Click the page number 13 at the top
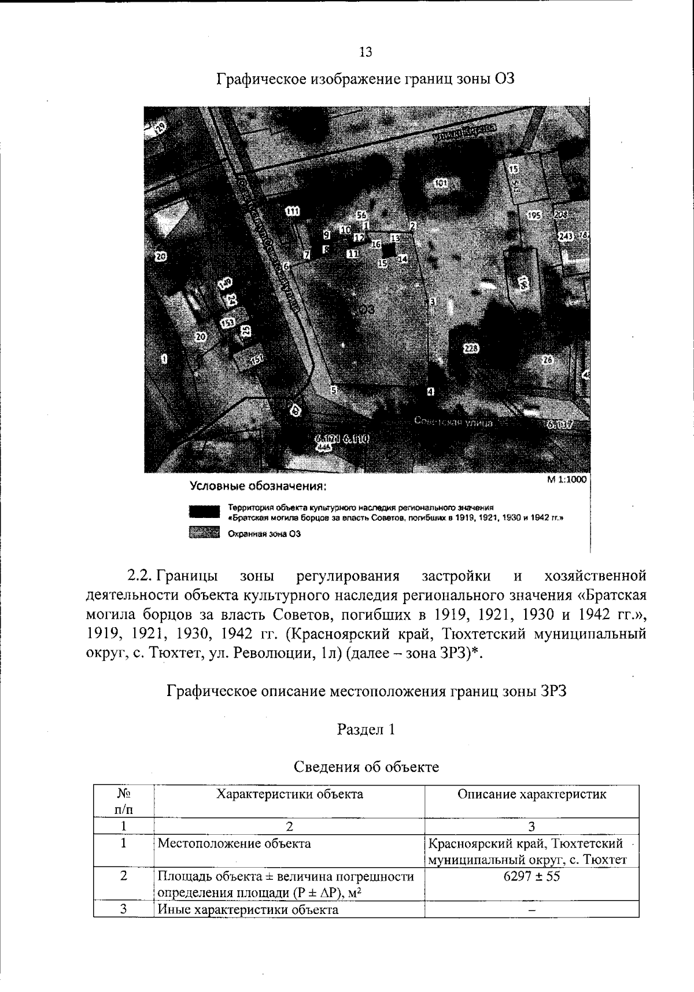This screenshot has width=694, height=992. (366, 53)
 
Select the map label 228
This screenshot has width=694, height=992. (471, 348)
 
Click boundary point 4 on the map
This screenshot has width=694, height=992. (430, 392)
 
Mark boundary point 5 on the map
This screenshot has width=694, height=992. (333, 389)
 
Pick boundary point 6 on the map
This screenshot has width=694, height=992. (286, 266)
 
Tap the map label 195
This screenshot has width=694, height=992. (534, 215)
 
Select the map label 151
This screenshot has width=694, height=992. (256, 360)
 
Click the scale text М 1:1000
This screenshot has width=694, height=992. (567, 479)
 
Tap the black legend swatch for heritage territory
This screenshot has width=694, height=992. (204, 512)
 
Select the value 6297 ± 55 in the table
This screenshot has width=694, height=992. (531, 876)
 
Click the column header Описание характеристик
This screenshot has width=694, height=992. (531, 794)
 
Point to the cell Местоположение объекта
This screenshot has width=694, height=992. (234, 843)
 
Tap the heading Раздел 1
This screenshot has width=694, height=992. (366, 730)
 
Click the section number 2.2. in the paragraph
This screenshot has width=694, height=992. (139, 576)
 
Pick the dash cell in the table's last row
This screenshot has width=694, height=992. (531, 910)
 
